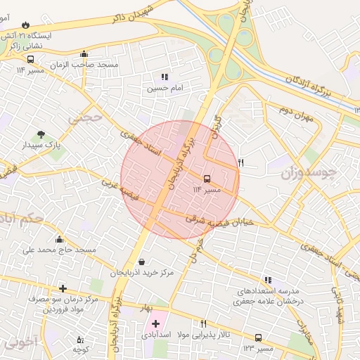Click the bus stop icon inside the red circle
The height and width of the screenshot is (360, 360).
pos(207,179)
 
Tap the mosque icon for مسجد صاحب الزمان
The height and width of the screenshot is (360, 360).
pos(84,53)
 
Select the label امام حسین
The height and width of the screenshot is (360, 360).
pos(165,89)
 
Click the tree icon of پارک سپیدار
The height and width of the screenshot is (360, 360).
pos(41,134)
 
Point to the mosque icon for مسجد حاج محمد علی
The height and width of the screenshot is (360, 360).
pos(59,239)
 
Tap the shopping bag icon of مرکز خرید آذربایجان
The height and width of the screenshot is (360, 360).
pos(142,262)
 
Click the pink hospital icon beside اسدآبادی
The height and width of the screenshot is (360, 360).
pos(155,324)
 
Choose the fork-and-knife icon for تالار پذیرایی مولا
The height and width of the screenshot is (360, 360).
pos(203,323)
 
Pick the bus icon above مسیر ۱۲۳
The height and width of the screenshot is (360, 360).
pos(258,337)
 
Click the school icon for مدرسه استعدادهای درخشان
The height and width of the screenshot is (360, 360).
pos(266,279)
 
